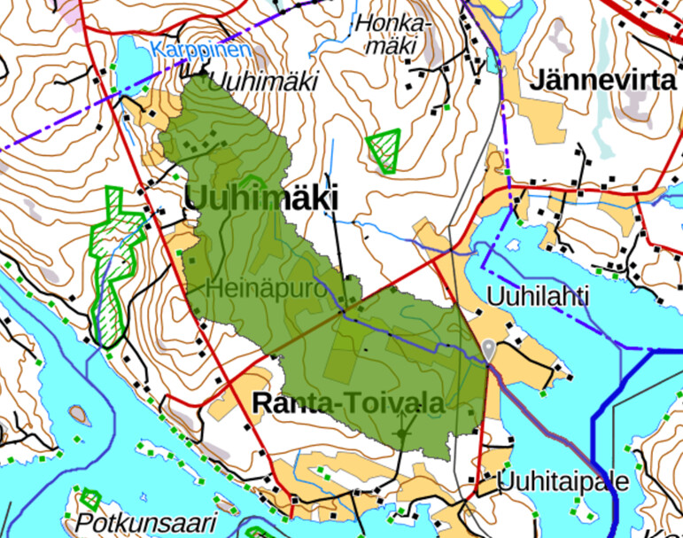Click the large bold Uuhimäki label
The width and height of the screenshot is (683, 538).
[x=261, y=199]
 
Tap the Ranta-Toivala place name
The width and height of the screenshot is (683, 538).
[x=347, y=402]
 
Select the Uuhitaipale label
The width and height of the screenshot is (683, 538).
[x=563, y=482]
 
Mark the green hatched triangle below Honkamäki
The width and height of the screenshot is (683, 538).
[x=384, y=149]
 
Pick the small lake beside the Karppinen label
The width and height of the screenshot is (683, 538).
[x=129, y=64]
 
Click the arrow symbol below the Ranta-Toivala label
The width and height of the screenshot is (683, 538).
[x=404, y=434]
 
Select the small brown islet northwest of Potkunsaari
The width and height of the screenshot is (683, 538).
[x=78, y=413]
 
